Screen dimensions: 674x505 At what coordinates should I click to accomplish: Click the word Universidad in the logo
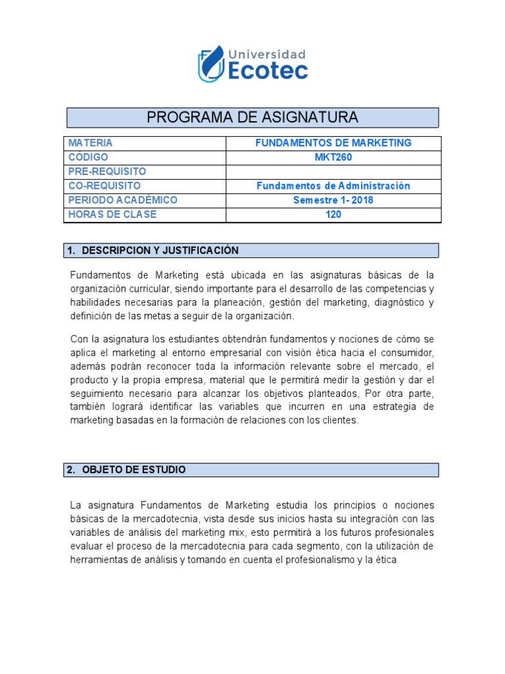[x=266, y=54]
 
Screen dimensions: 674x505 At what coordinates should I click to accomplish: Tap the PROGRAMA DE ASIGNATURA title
[x=252, y=118]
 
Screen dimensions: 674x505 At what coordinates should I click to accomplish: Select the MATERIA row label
[x=90, y=143]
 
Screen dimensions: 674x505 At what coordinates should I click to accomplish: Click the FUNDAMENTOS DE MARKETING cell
[x=333, y=143]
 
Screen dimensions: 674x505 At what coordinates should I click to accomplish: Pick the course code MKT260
[x=333, y=157]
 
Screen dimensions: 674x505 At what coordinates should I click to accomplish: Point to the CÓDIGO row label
[x=88, y=157]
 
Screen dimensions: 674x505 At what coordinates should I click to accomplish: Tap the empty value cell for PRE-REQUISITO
[x=333, y=172]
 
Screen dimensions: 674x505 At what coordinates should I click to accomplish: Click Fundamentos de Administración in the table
[x=333, y=186]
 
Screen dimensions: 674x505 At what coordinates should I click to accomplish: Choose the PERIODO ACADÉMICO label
[x=122, y=200]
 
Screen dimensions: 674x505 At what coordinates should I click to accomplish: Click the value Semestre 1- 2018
[x=333, y=200]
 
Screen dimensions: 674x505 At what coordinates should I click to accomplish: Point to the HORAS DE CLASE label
[x=112, y=215]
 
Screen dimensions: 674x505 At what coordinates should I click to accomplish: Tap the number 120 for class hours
[x=333, y=215]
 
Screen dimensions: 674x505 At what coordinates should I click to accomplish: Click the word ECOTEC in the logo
[x=268, y=71]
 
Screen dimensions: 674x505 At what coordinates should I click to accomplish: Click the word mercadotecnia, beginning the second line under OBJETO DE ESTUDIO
[x=149, y=519]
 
